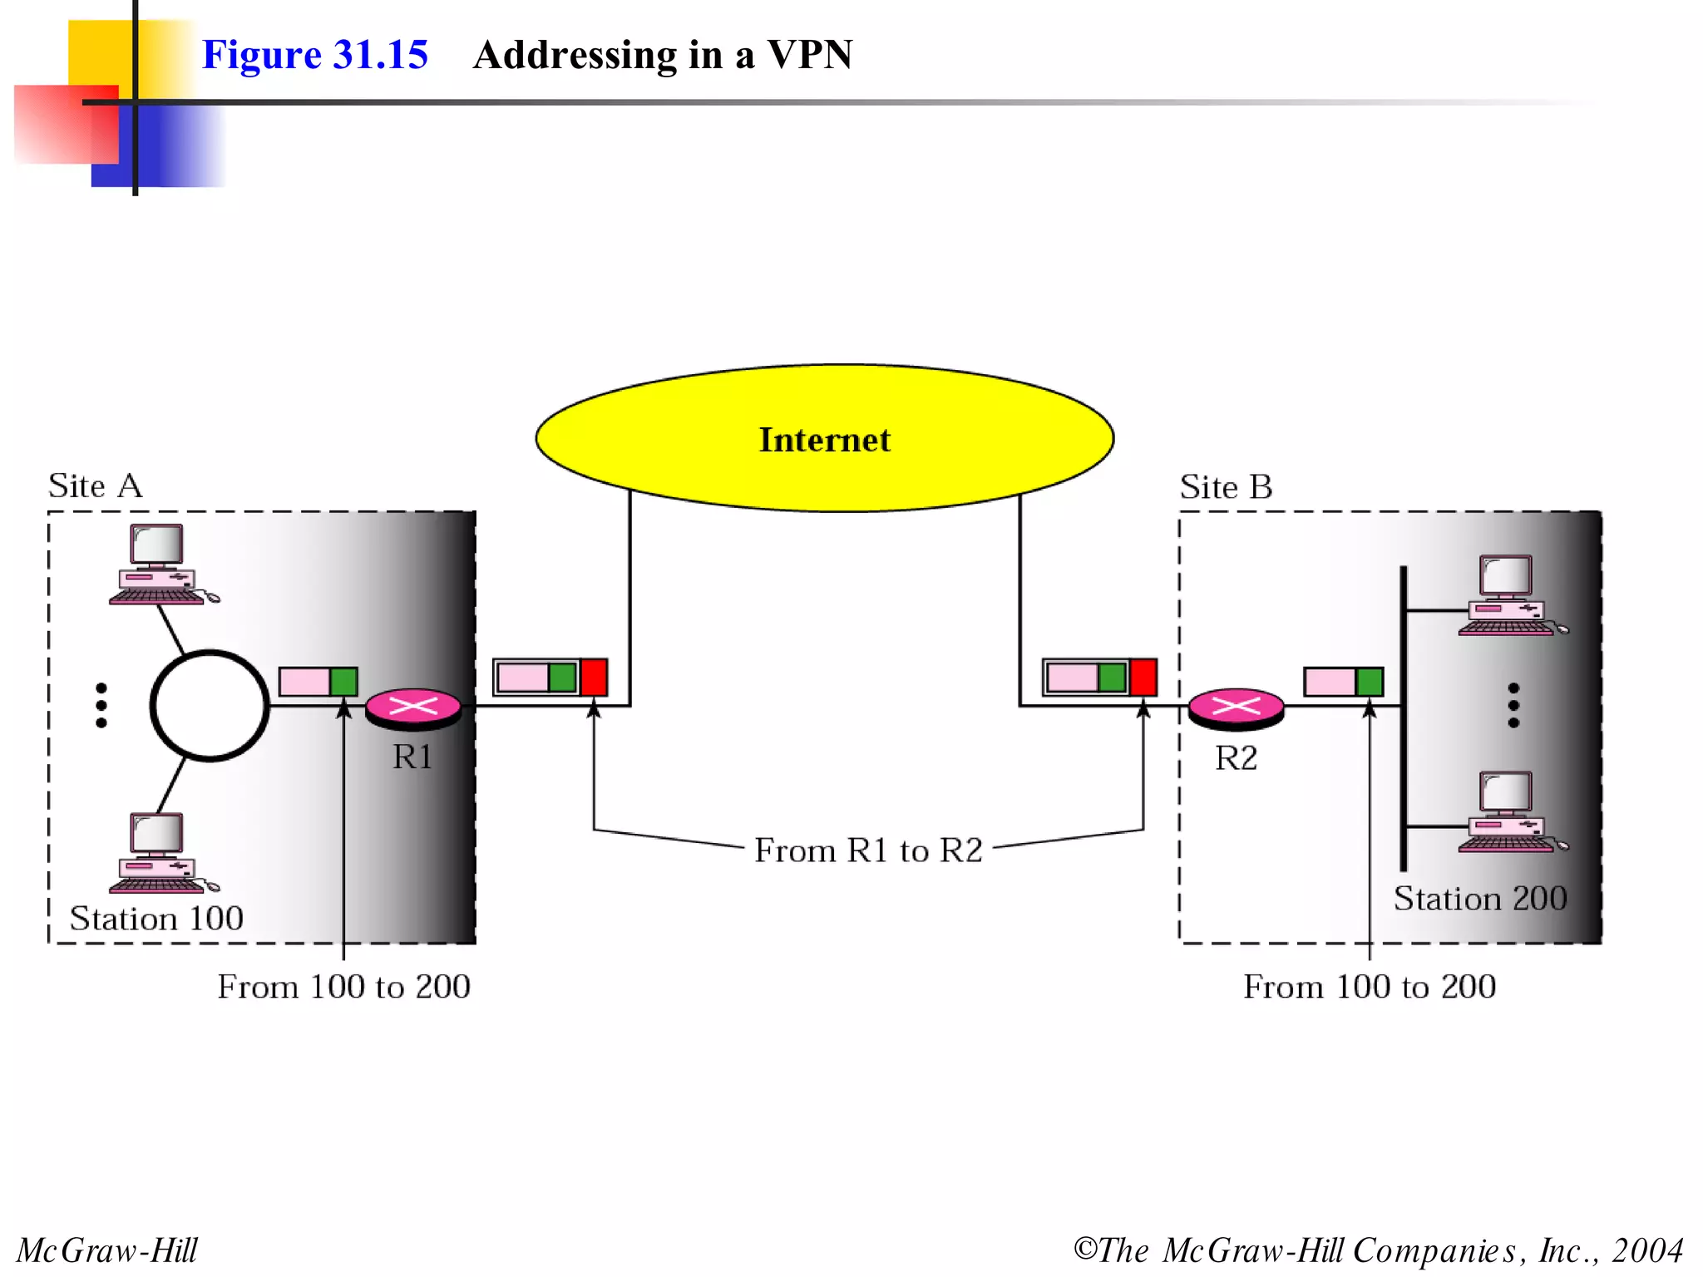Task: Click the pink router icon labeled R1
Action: click(413, 708)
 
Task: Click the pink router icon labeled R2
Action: click(1236, 708)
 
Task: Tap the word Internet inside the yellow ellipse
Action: click(824, 440)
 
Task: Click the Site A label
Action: click(95, 486)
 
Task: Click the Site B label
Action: click(1226, 487)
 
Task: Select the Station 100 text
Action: click(156, 919)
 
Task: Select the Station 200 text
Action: click(1480, 899)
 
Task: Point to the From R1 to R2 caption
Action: click(868, 851)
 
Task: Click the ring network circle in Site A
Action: click(210, 706)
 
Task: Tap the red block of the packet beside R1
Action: click(594, 677)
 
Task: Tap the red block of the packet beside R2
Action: click(1143, 677)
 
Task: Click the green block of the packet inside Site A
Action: click(343, 682)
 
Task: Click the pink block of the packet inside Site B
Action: click(1330, 682)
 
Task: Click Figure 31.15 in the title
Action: click(315, 55)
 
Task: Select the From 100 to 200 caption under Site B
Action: click(1370, 987)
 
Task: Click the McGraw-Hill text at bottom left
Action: click(107, 1250)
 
